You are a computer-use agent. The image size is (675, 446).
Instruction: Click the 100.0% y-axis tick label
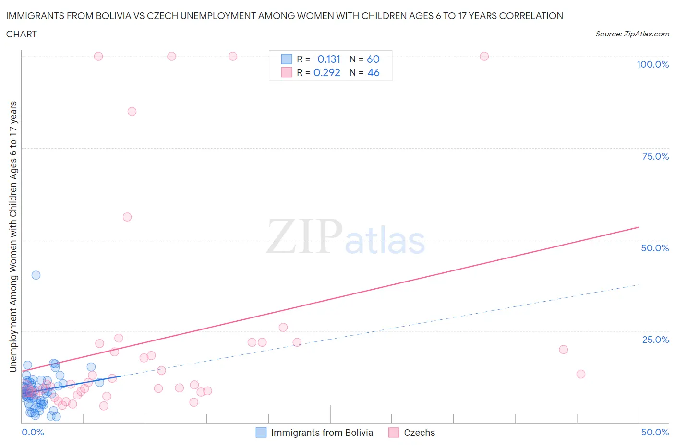point(652,64)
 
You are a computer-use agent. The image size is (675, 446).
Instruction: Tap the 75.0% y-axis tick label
point(655,156)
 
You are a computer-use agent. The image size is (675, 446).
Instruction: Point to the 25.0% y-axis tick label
point(655,340)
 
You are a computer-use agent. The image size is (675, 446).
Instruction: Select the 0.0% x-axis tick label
point(33,432)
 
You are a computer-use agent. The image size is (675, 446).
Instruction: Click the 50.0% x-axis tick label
point(655,432)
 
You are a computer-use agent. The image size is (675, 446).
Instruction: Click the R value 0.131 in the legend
point(329,59)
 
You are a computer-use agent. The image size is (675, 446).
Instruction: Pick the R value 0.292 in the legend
point(327,72)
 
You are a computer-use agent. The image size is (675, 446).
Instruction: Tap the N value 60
point(373,59)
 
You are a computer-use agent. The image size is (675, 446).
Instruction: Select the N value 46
point(373,72)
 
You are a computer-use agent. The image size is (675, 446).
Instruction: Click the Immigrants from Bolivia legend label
point(322,433)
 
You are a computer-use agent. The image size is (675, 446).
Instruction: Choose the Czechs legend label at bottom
point(419,433)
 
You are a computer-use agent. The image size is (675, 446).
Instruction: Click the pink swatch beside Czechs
point(394,433)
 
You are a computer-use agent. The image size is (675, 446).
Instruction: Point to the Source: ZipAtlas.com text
point(632,34)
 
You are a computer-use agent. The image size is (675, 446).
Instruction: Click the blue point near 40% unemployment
point(36,275)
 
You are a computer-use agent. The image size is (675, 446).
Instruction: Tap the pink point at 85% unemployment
point(132,112)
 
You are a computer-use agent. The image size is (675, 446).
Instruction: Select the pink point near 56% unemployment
point(127,217)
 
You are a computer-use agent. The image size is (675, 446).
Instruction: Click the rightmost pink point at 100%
point(484,57)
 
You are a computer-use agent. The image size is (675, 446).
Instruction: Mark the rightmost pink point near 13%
point(581,374)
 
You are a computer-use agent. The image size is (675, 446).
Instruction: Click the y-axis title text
point(13,236)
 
